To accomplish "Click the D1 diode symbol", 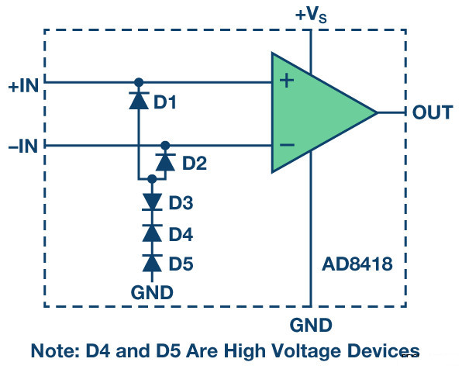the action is [x=139, y=101].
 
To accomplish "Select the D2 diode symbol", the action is [x=165, y=162].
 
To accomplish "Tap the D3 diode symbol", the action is [x=152, y=202].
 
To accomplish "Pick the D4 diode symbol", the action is [x=152, y=233].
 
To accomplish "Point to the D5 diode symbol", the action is [x=152, y=264].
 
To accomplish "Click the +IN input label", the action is [x=23, y=86].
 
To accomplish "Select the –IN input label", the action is [x=23, y=146].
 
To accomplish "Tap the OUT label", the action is [x=433, y=112].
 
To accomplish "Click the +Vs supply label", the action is [x=311, y=15].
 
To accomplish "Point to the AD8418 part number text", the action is [x=357, y=264].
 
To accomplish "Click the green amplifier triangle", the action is [x=324, y=112].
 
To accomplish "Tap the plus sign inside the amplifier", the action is [x=287, y=81].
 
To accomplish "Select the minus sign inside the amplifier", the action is [x=287, y=145].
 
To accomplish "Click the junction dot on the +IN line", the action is [x=139, y=82].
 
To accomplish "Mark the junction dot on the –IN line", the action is [x=165, y=145].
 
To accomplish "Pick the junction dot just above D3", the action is [x=152, y=179].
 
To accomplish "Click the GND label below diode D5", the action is [x=152, y=292].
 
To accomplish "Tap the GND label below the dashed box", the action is [x=311, y=325].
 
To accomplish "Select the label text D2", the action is [x=195, y=163].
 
